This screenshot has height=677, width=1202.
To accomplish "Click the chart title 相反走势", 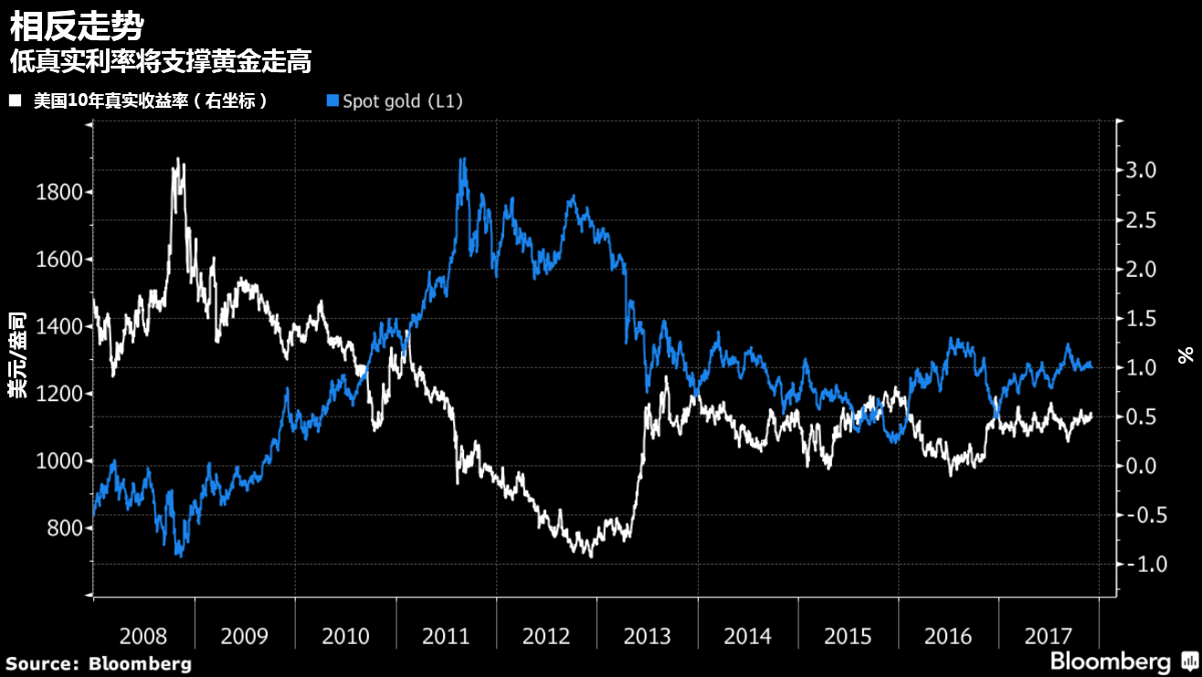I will coord(76,26).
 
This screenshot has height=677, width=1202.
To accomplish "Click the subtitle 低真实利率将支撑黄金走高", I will coord(161,62).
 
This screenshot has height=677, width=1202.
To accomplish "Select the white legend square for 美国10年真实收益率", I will coord(15,100).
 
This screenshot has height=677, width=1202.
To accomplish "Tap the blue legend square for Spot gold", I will coord(332,100).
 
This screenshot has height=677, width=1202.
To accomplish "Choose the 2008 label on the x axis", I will coord(143,636).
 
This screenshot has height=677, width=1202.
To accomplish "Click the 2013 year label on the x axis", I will coord(647,636).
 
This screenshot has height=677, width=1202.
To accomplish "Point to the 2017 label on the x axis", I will coord(1049,636).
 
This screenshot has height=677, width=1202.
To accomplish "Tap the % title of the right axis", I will coord(1186,354).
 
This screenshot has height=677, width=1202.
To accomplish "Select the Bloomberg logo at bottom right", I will coord(1123,661).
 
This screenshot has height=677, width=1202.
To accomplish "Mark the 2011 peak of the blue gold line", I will coord(462,159).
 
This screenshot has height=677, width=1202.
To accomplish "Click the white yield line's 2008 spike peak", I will coord(175,160).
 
